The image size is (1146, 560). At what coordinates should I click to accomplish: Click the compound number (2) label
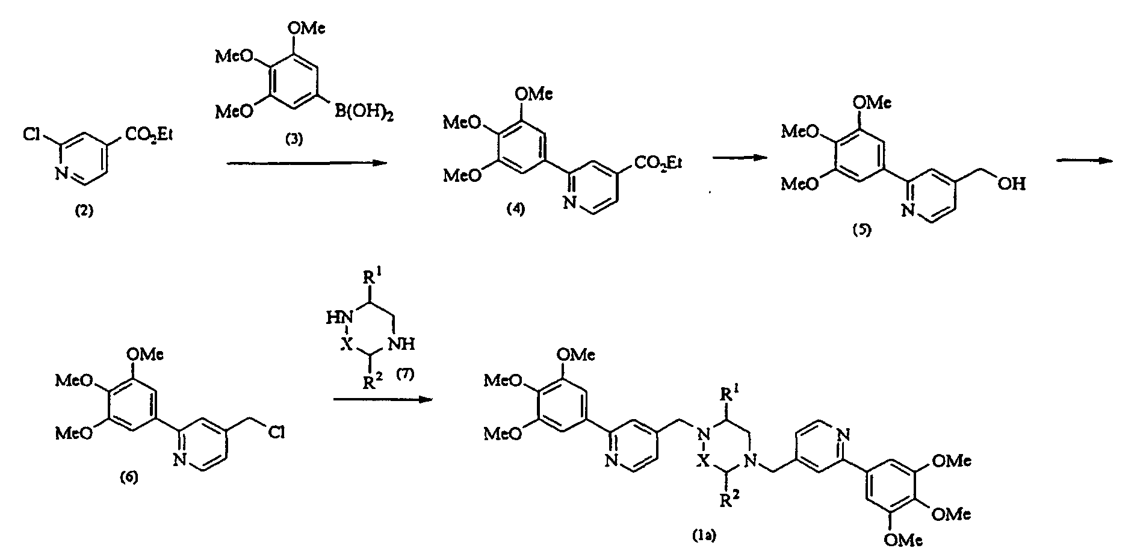82,211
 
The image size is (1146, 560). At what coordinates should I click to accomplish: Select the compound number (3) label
294,140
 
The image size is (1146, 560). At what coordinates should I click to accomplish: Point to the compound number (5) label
861,231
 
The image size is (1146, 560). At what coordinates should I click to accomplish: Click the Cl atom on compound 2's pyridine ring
33,134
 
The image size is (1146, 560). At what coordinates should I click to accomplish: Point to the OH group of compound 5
1011,184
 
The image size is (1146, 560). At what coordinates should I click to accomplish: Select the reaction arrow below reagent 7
383,399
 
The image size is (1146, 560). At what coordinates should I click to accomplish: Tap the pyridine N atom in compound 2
61,174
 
